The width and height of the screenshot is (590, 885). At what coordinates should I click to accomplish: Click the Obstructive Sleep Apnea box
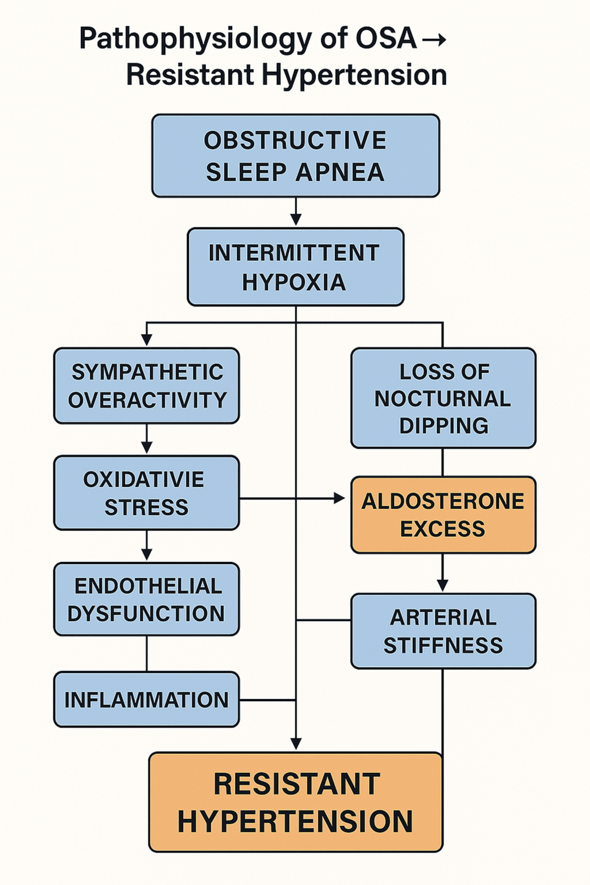click(x=296, y=156)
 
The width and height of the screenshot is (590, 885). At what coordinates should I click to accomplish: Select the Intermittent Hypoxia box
click(x=296, y=267)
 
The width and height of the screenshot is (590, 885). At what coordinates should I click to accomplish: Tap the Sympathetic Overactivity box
click(x=147, y=386)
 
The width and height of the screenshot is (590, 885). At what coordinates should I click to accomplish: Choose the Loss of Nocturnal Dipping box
click(x=443, y=398)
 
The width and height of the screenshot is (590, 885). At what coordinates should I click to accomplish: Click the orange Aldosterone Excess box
click(x=443, y=515)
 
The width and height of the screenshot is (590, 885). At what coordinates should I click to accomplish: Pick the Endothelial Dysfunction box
click(x=147, y=599)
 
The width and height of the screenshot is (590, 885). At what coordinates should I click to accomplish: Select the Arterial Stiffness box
click(x=443, y=631)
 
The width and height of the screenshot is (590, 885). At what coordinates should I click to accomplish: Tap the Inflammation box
click(x=147, y=700)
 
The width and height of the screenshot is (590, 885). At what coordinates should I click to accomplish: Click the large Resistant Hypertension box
click(x=296, y=802)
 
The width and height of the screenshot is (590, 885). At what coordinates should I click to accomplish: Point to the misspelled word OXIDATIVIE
click(x=144, y=479)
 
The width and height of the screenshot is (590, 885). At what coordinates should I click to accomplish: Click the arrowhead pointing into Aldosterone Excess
click(x=339, y=498)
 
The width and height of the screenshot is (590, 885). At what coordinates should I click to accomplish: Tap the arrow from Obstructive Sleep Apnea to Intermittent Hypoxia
click(x=296, y=212)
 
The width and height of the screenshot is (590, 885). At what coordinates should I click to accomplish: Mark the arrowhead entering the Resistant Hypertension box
click(x=296, y=743)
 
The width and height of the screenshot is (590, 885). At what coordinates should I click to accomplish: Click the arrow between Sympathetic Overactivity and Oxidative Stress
click(x=147, y=440)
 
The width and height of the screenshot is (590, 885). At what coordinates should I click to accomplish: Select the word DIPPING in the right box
click(x=443, y=425)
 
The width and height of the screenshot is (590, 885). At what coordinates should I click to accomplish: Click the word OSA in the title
click(x=386, y=39)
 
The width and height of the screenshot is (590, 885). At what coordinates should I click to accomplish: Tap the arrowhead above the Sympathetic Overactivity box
click(x=147, y=339)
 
